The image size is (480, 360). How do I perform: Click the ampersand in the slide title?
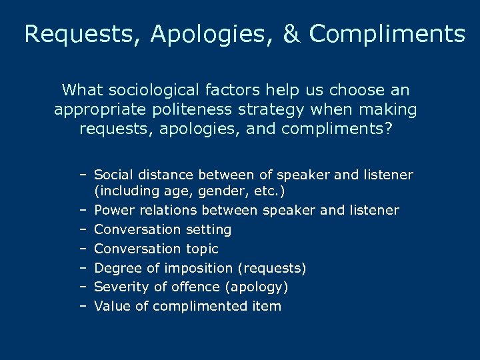click(x=292, y=34)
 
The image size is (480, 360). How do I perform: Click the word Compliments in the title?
click(x=387, y=34)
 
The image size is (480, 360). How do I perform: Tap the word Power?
click(x=114, y=211)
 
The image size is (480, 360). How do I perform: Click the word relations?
click(x=166, y=211)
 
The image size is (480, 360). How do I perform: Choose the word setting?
click(x=208, y=229)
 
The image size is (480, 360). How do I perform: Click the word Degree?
click(x=116, y=268)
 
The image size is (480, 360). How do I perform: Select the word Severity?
click(x=119, y=287)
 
